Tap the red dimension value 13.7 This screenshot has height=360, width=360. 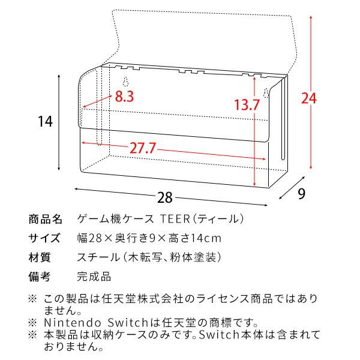(247, 105)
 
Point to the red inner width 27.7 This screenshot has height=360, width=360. (145, 148)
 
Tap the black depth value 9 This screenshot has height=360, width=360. (302, 194)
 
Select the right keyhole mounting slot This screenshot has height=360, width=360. (265, 94)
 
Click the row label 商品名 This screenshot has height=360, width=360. (45, 218)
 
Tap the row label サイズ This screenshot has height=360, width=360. (45, 238)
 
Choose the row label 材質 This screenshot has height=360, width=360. (40, 258)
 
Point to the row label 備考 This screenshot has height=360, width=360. (40, 277)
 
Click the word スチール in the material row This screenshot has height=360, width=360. (96, 258)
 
